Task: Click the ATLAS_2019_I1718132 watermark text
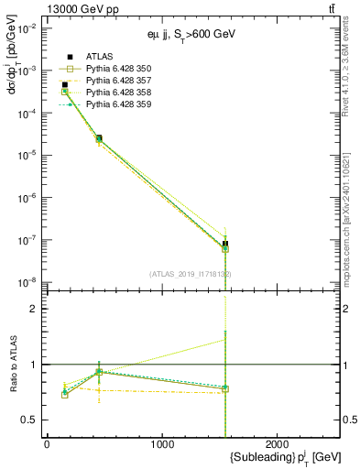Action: coord(191,274)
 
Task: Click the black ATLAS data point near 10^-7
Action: coord(225,244)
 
